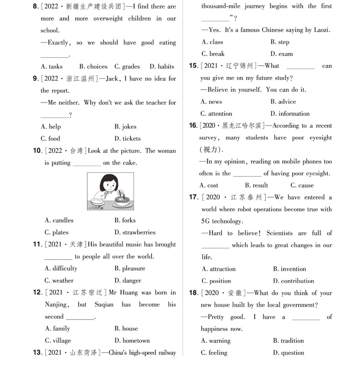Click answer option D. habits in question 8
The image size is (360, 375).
(x=162, y=67)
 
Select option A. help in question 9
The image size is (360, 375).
(x=51, y=127)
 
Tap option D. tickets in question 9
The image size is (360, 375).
(x=128, y=139)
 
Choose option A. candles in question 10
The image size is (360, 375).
(x=59, y=221)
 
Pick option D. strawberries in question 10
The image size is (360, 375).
(x=135, y=232)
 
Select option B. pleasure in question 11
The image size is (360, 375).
(x=130, y=268)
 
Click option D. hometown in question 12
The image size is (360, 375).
(x=132, y=340)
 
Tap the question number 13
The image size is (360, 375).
(x=37, y=352)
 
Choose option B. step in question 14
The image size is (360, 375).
(x=280, y=42)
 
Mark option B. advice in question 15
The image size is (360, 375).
(x=283, y=102)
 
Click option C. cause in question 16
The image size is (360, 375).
(x=302, y=185)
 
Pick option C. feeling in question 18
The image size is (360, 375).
(x=214, y=353)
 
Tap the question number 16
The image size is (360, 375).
(x=193, y=126)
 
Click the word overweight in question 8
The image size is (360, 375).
(x=108, y=19)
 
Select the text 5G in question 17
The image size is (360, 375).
(x=206, y=221)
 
